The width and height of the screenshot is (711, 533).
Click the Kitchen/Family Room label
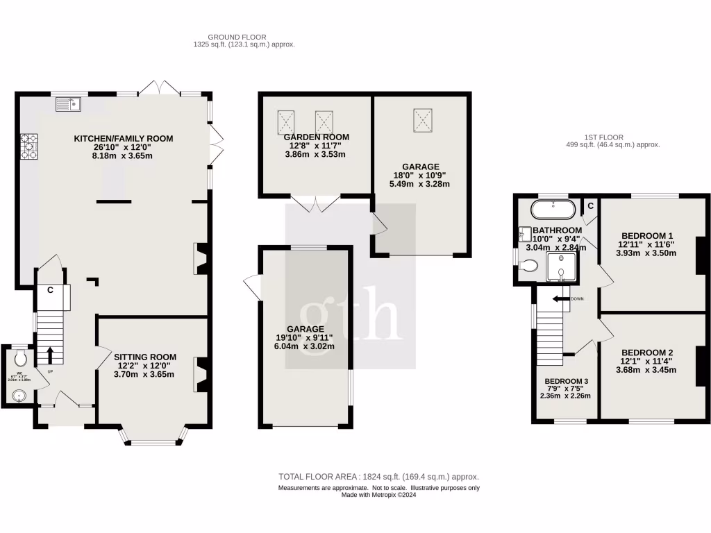(124, 139)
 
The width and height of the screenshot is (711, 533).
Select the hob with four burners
(29, 147)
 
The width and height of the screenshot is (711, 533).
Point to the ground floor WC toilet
(21, 358)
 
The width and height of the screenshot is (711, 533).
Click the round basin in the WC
(19, 396)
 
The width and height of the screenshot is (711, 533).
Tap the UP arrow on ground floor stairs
(50, 354)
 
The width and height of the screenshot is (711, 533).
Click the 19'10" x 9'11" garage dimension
(306, 338)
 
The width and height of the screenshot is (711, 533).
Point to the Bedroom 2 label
(647, 352)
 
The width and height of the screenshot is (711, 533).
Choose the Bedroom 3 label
(567, 382)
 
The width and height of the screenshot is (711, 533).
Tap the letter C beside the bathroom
(590, 206)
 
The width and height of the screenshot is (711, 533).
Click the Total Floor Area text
(378, 477)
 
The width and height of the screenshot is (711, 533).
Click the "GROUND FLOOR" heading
(237, 37)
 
